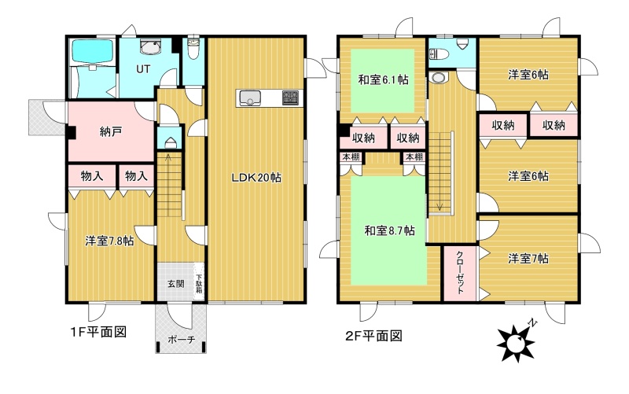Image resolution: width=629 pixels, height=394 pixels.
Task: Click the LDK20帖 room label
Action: pyautogui.click(x=256, y=178)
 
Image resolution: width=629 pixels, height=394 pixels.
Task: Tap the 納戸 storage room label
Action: pyautogui.click(x=111, y=131)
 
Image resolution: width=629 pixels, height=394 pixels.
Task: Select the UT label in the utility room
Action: pyautogui.click(x=143, y=69)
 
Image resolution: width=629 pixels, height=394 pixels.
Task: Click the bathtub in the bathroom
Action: pyautogui.click(x=92, y=52)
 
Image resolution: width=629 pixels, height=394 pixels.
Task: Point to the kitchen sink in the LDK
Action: pyautogui.click(x=250, y=98)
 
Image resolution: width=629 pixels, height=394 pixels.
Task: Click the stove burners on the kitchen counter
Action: pyautogui.click(x=290, y=98)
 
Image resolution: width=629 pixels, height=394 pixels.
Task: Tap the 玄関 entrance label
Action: pyautogui.click(x=175, y=284)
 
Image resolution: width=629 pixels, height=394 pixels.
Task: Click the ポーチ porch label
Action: pyautogui.click(x=182, y=340)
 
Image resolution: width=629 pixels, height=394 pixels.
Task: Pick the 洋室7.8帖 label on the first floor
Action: pyautogui.click(x=109, y=241)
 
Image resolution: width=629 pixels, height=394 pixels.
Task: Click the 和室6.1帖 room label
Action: pyautogui.click(x=383, y=80)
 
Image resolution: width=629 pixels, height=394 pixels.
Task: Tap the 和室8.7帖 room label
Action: pyautogui.click(x=389, y=230)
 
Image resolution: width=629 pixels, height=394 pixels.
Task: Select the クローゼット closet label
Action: pyautogui.click(x=460, y=272)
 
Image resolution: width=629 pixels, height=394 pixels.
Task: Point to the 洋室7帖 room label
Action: pyautogui.click(x=528, y=259)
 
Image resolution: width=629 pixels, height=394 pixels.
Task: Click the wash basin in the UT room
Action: pyautogui.click(x=150, y=46)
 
